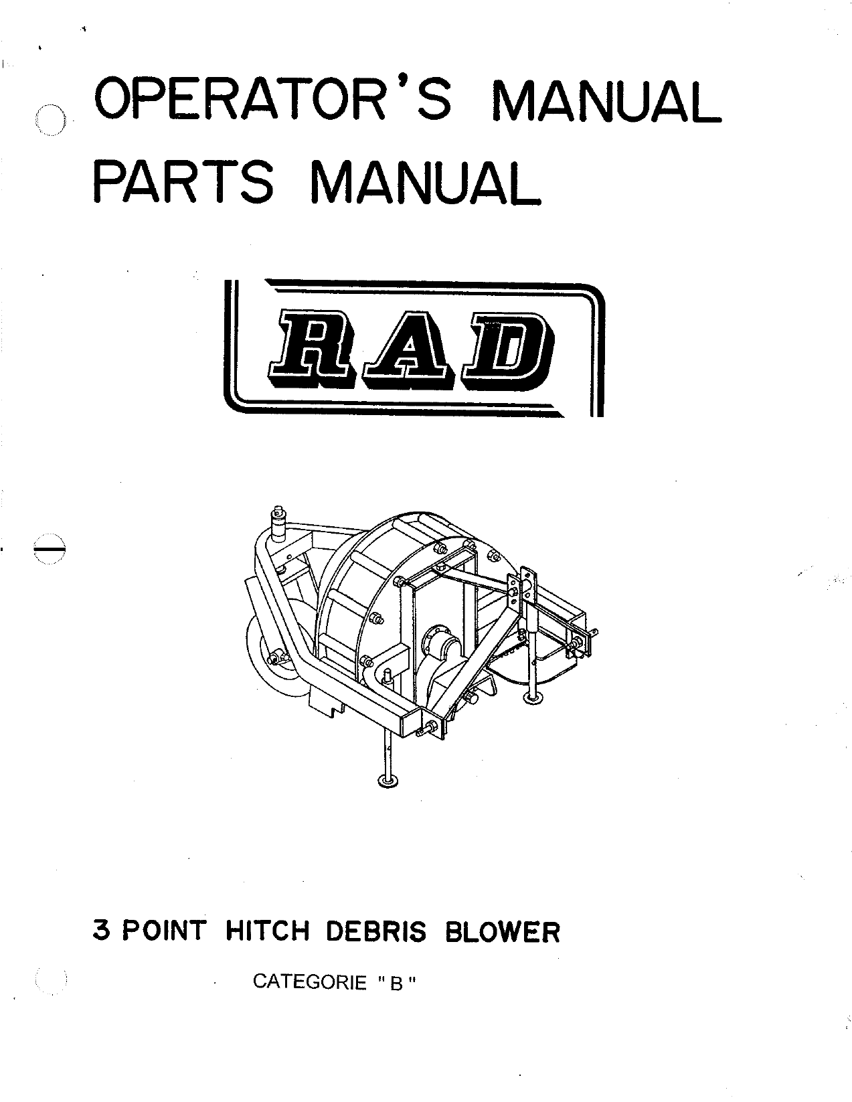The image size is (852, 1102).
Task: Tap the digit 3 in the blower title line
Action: click(x=101, y=931)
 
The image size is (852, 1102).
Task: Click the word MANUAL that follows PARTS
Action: click(x=425, y=181)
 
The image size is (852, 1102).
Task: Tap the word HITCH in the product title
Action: click(x=267, y=931)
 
